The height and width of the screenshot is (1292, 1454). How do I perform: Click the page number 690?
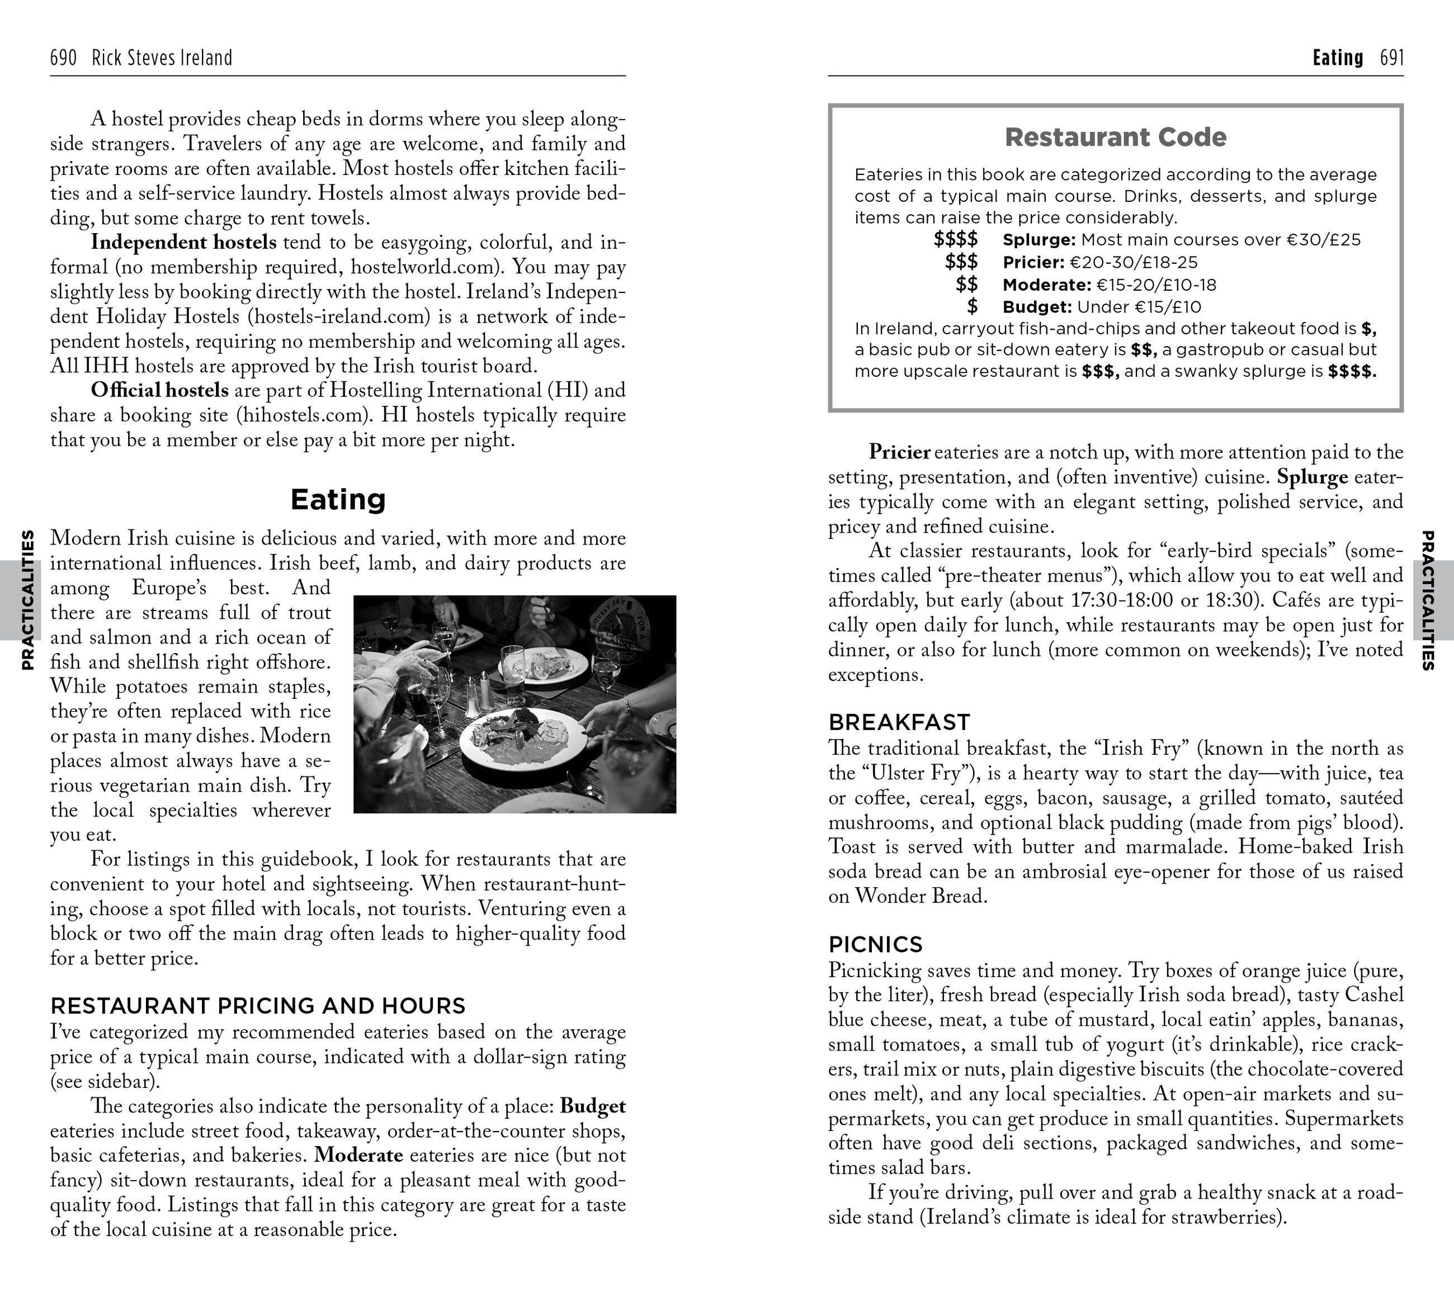pyautogui.click(x=63, y=58)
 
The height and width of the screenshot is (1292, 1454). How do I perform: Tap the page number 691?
pyautogui.click(x=1391, y=58)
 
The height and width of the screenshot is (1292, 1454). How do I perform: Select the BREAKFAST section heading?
pyautogui.click(x=899, y=722)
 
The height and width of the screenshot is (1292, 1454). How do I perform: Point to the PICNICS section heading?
pyautogui.click(x=875, y=944)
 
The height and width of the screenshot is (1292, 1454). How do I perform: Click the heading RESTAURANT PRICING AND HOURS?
pyautogui.click(x=257, y=1005)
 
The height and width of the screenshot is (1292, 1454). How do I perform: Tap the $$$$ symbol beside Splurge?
pyautogui.click(x=955, y=240)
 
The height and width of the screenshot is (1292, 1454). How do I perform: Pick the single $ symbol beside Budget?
pyautogui.click(x=972, y=307)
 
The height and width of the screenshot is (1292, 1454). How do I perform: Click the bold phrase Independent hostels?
pyautogui.click(x=183, y=243)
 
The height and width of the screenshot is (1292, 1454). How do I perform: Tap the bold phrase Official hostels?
pyautogui.click(x=159, y=390)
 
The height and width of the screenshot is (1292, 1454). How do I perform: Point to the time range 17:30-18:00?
pyautogui.click(x=1121, y=600)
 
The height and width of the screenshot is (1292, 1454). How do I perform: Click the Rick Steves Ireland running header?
pyautogui.click(x=162, y=58)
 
